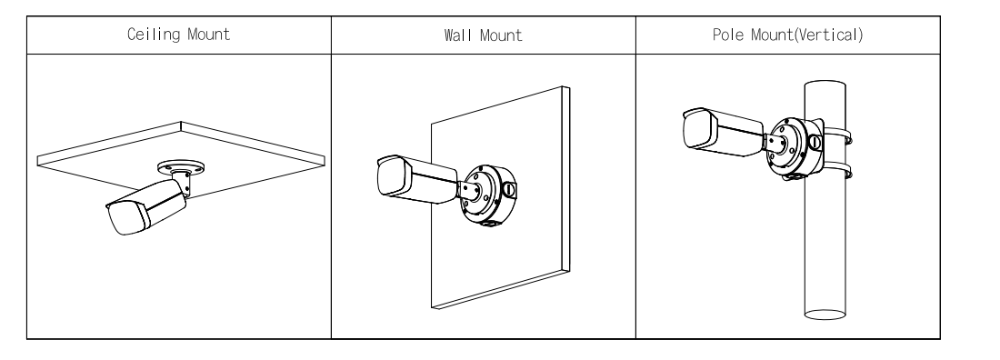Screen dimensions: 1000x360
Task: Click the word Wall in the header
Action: [456, 35]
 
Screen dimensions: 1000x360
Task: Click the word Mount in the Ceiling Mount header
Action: [208, 35]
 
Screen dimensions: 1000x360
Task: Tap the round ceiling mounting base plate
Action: [181, 168]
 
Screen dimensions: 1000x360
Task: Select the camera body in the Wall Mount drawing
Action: [417, 179]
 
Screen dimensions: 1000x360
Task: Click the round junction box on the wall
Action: [489, 195]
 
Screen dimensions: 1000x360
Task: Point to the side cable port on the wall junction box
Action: [509, 190]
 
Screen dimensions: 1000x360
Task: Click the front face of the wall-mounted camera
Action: [393, 176]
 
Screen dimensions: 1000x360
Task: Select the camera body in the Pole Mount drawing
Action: [723, 132]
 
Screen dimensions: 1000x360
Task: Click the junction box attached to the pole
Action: [795, 147]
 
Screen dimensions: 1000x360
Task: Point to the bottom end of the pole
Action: [825, 314]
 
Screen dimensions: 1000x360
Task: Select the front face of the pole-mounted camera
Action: [698, 130]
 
